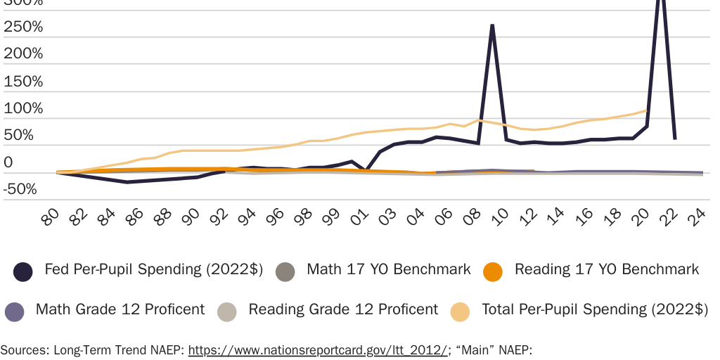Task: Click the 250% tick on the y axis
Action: [x=23, y=27]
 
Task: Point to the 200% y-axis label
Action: [x=23, y=54]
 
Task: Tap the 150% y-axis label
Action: [x=23, y=82]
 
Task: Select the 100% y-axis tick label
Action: [x=23, y=109]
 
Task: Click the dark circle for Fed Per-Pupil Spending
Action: [x=23, y=271]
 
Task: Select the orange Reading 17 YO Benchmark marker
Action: [x=494, y=271]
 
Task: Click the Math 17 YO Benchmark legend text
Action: [x=389, y=269]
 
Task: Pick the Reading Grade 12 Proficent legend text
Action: [x=343, y=309]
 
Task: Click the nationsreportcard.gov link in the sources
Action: [x=317, y=350]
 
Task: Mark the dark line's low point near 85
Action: [x=127, y=182]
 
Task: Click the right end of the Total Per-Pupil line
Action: [x=646, y=110]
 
